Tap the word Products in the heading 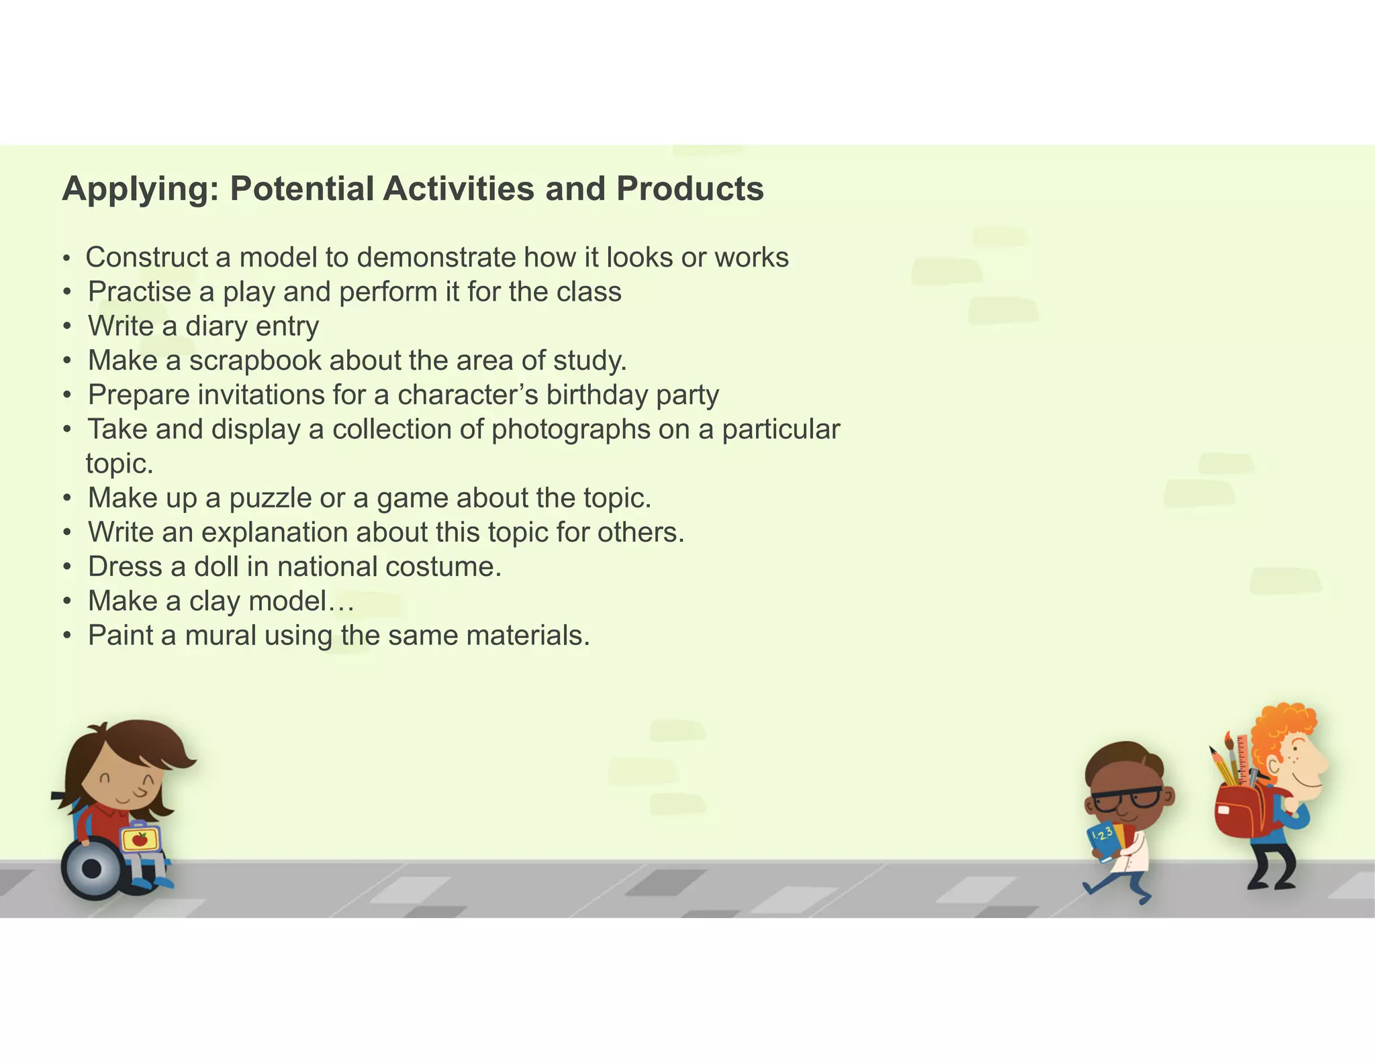[x=690, y=189]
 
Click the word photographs [x=571, y=430]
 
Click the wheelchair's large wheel [x=91, y=869]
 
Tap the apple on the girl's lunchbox [x=140, y=839]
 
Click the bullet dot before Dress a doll [x=67, y=567]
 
